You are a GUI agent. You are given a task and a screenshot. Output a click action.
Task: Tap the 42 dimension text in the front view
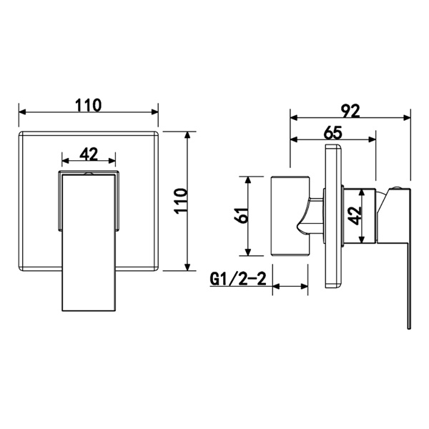click(x=88, y=154)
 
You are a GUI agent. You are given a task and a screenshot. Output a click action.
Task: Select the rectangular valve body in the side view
click(x=289, y=215)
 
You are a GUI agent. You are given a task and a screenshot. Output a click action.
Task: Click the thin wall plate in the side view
click(x=333, y=215)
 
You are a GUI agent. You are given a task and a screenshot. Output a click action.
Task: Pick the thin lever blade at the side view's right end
click(x=409, y=272)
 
